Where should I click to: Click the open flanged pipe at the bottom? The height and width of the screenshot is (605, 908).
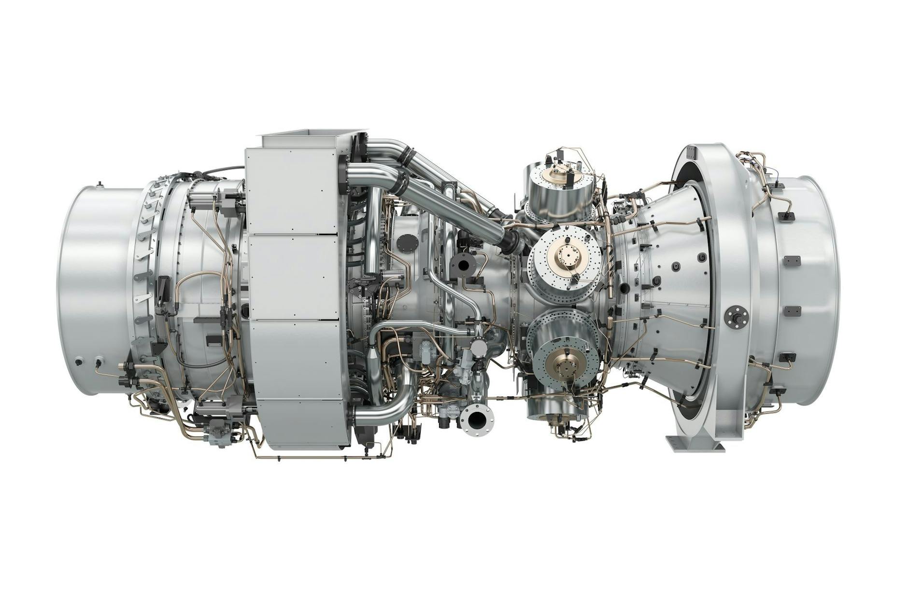tap(477, 420)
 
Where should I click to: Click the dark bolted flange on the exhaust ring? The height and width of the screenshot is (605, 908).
tap(736, 316)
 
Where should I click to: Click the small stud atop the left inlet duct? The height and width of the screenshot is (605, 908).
tap(99, 183)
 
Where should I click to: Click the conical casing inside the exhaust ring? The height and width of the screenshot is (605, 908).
tap(676, 270)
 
